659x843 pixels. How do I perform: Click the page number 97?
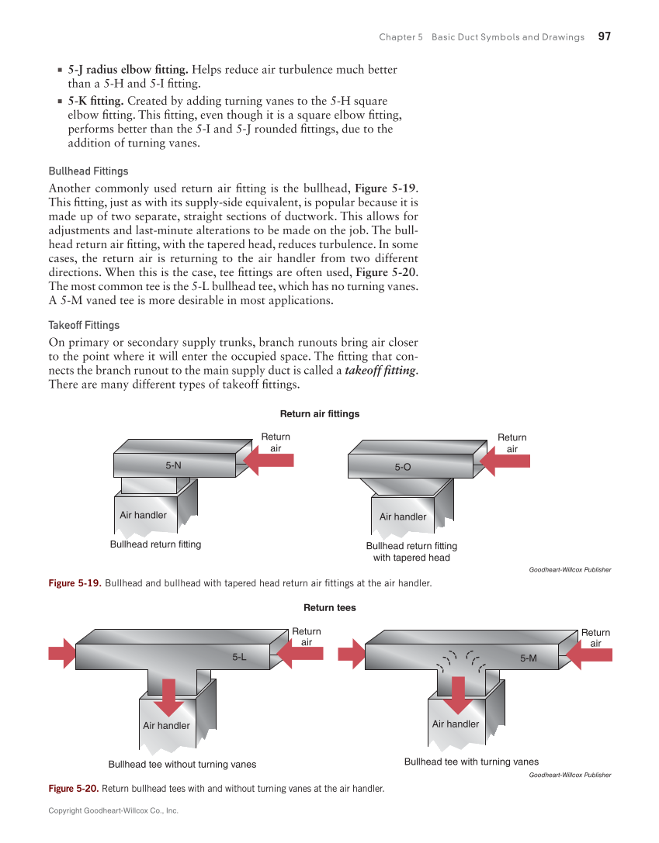click(605, 36)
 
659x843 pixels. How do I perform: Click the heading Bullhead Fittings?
click(88, 171)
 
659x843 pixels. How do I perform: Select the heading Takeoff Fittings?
click(84, 325)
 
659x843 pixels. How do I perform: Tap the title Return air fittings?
click(319, 414)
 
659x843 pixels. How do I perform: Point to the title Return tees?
click(329, 608)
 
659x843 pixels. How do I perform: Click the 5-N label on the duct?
click(173, 465)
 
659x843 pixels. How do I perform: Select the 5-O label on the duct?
click(402, 467)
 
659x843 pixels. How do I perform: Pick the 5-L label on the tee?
click(239, 658)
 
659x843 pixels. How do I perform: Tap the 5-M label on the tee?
click(528, 658)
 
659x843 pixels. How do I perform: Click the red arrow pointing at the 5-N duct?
click(268, 461)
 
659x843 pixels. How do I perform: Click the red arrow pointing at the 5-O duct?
click(505, 461)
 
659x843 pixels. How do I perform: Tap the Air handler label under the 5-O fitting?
click(403, 517)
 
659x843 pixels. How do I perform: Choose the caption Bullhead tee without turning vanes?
click(182, 765)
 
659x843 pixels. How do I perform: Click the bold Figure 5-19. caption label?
click(75, 583)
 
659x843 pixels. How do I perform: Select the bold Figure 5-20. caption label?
click(74, 789)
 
